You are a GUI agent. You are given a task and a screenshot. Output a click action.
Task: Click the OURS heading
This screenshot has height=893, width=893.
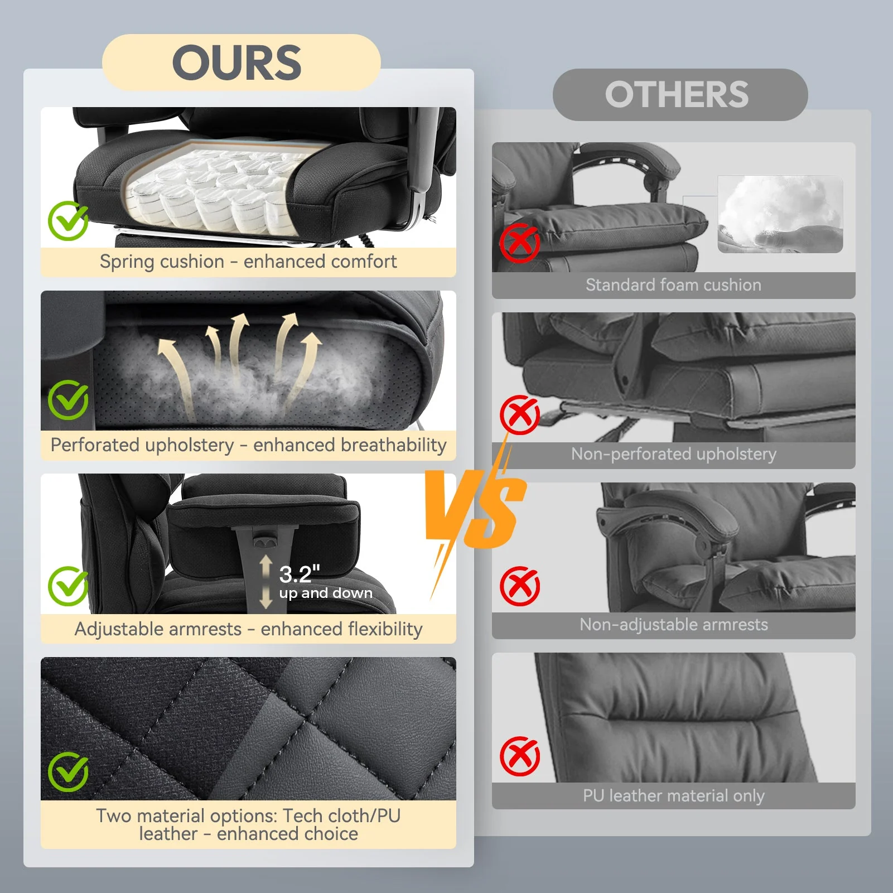(x=237, y=62)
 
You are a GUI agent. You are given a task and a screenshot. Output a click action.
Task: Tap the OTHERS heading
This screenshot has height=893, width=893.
(x=677, y=94)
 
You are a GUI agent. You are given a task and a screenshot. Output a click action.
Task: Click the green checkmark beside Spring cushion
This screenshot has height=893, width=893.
(x=68, y=221)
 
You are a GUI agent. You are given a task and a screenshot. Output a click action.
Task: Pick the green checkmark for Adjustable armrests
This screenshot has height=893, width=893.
(x=68, y=586)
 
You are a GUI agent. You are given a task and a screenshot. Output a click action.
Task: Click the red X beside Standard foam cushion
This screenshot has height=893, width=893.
(x=519, y=243)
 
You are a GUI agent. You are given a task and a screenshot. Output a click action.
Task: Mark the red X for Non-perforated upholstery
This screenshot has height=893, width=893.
(x=519, y=414)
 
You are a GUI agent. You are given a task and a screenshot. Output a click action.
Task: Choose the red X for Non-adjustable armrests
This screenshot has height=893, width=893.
(x=519, y=586)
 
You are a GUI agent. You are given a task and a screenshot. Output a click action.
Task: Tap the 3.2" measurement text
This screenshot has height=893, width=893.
(x=300, y=574)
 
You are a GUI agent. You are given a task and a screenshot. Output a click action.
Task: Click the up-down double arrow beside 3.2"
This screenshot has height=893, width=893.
(x=266, y=582)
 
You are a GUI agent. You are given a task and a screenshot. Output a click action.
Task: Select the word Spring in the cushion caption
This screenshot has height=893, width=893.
(x=128, y=262)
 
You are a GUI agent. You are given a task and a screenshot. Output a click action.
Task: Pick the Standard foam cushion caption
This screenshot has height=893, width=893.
(x=673, y=285)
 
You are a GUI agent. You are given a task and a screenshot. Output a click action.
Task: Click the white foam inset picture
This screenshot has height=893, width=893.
(x=780, y=214)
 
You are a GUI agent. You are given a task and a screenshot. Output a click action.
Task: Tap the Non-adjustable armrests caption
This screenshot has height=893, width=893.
(x=673, y=625)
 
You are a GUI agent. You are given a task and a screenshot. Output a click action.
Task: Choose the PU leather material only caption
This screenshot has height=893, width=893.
(x=673, y=796)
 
